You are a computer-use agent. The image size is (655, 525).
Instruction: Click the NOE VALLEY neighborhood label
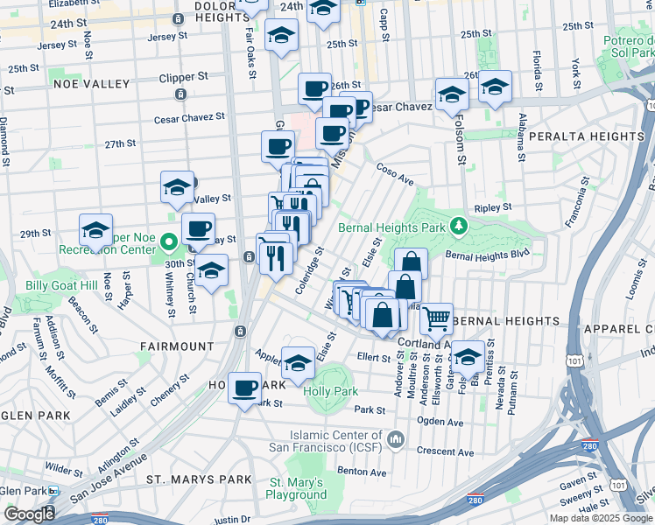pyautogui.click(x=92, y=84)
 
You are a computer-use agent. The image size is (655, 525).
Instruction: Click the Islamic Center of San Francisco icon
pyautogui.click(x=395, y=437)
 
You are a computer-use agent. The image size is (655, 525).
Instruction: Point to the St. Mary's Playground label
pyautogui.click(x=297, y=488)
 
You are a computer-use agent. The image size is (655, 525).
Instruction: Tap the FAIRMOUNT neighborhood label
pyautogui.click(x=176, y=346)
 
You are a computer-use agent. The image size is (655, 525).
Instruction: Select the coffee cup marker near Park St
pyautogui.click(x=245, y=386)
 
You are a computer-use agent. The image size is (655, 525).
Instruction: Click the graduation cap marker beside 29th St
pyautogui.click(x=95, y=230)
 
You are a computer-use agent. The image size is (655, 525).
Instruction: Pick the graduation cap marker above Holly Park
pyautogui.click(x=299, y=361)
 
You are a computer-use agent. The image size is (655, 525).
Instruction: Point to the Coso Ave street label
pyautogui.click(x=395, y=171)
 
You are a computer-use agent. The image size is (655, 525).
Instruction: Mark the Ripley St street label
pyautogui.click(x=492, y=207)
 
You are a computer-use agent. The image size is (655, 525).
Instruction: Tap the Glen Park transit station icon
pyautogui.click(x=53, y=493)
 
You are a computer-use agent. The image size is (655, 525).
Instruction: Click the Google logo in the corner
pyautogui.click(x=29, y=514)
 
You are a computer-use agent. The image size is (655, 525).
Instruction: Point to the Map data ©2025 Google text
pyautogui.click(x=600, y=518)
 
